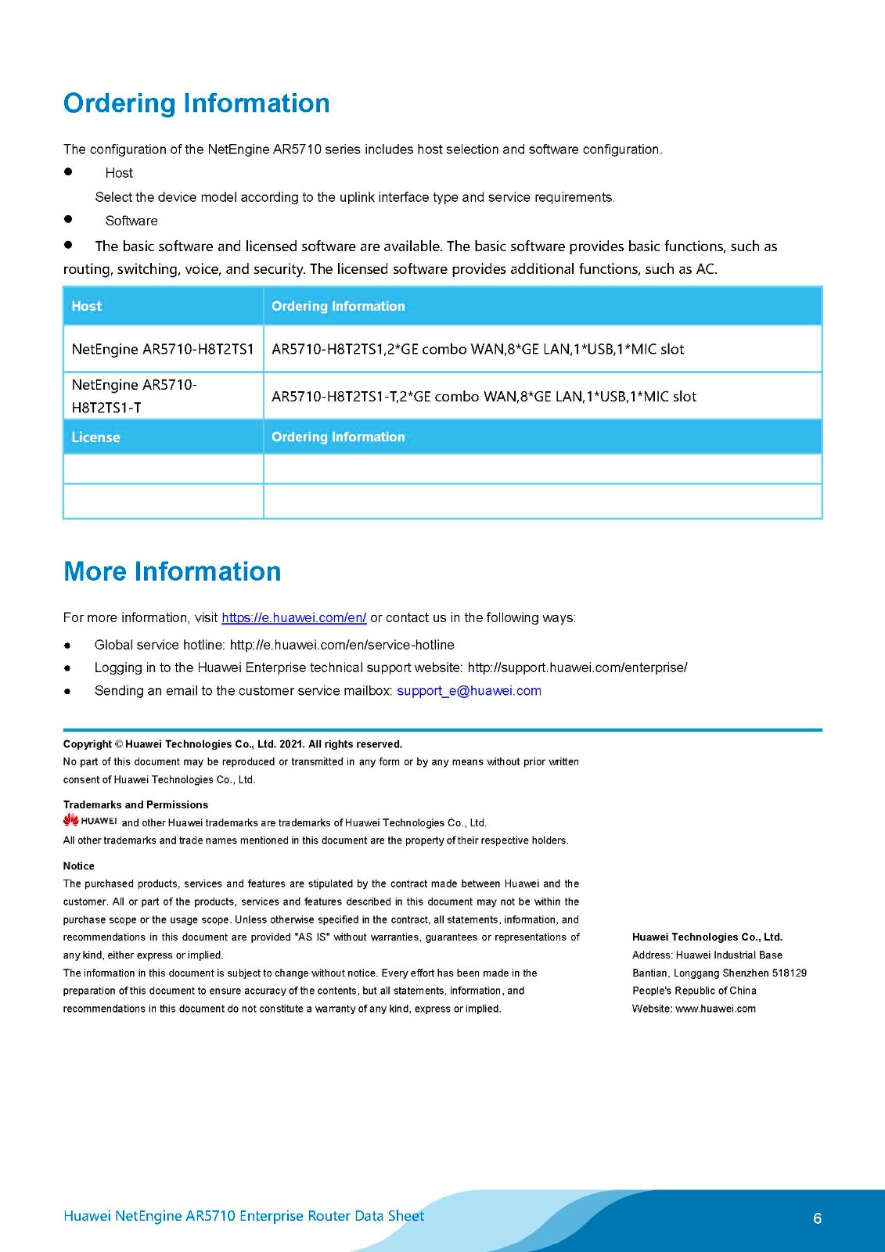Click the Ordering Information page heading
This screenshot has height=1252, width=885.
pyautogui.click(x=196, y=103)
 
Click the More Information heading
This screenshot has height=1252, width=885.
pyautogui.click(x=172, y=571)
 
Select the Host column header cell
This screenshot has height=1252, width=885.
pyautogui.click(x=87, y=306)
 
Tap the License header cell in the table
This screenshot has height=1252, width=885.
pyautogui.click(x=95, y=437)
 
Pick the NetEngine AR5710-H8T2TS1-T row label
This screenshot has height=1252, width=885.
pyautogui.click(x=134, y=396)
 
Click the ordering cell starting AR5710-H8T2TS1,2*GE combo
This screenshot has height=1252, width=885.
pyautogui.click(x=477, y=349)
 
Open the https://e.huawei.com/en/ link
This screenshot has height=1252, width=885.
pyautogui.click(x=293, y=617)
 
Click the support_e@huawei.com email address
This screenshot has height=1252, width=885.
pyautogui.click(x=469, y=690)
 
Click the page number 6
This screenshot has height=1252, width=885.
pyautogui.click(x=817, y=1218)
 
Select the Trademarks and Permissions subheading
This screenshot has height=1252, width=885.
pyautogui.click(x=135, y=804)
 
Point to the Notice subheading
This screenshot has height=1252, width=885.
pyautogui.click(x=78, y=865)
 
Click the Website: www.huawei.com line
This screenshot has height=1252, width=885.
pyautogui.click(x=693, y=1009)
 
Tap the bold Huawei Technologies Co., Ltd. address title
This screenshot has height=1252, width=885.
pyautogui.click(x=707, y=937)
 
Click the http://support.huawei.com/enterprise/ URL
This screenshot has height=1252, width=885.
pyautogui.click(x=577, y=667)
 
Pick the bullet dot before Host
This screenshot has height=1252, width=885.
pyautogui.click(x=68, y=172)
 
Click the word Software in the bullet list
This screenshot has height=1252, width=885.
pyautogui.click(x=131, y=221)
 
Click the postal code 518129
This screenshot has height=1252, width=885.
pyautogui.click(x=789, y=973)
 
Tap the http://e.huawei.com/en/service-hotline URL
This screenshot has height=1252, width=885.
pyautogui.click(x=341, y=645)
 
